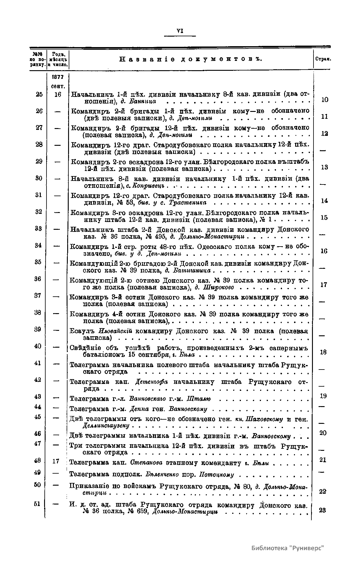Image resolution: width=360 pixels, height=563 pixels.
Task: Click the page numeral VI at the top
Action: (180, 31)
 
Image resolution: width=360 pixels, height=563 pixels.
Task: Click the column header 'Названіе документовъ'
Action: (191, 59)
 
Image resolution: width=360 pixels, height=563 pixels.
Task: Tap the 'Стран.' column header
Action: (322, 59)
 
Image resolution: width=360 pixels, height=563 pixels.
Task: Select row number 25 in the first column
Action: (39, 94)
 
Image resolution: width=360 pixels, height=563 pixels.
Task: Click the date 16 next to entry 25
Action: (58, 94)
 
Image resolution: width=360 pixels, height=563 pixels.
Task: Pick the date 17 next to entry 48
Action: (55, 461)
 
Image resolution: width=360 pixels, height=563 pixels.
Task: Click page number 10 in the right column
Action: (325, 100)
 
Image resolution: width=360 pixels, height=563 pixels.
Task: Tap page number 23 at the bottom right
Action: (323, 510)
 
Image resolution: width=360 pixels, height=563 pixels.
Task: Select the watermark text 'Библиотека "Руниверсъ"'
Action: (288, 548)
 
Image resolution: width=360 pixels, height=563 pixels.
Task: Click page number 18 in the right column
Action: (323, 352)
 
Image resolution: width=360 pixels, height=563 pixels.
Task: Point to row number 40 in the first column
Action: (37, 346)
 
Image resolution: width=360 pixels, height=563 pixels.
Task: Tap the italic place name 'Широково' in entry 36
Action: (219, 288)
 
